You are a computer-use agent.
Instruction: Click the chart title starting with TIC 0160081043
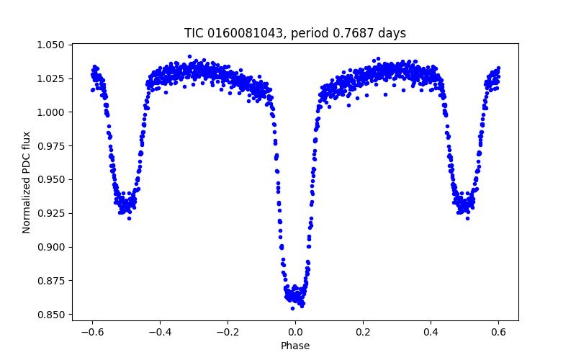click(295, 33)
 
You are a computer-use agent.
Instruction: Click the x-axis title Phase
click(295, 346)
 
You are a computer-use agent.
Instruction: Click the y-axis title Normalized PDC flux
click(27, 182)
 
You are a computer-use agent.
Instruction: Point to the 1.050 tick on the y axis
click(53, 45)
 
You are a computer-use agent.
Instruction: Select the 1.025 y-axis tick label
click(53, 78)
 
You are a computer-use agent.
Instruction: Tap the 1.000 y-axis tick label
click(53, 112)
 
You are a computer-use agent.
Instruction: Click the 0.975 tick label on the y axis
click(53, 146)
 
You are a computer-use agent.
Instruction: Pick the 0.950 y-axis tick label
click(53, 180)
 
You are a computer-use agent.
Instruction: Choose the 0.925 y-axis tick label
click(53, 214)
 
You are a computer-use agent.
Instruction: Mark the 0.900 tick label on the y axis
click(53, 247)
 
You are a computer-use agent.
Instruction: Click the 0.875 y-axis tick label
click(53, 281)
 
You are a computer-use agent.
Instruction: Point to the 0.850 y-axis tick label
click(53, 315)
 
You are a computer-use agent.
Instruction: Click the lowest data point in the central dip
click(292, 308)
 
